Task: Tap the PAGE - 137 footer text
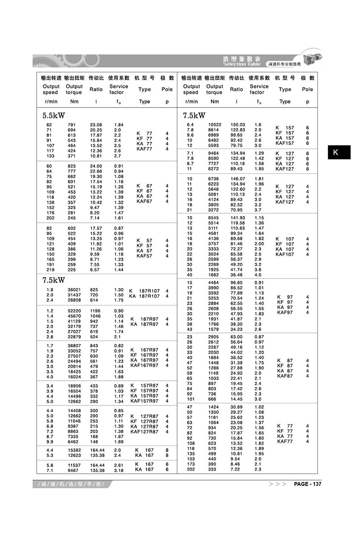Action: coord(308,484)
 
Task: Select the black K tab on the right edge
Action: coord(336,153)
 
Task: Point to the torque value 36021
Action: coord(74,290)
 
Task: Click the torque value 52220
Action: coord(74,311)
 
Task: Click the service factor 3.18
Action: coord(118,470)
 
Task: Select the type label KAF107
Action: coord(284,254)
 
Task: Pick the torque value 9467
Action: coord(74,470)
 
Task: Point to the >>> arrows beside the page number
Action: coord(277,484)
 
